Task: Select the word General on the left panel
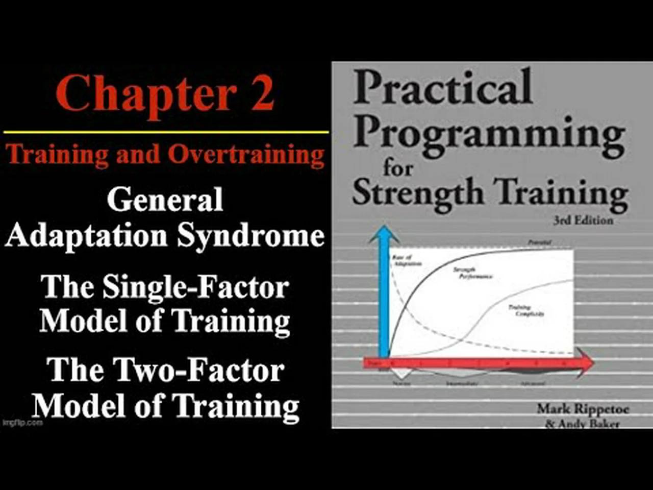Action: tap(165, 199)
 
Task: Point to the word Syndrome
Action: tap(250, 236)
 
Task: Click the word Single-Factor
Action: tap(195, 287)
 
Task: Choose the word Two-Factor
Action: tap(198, 370)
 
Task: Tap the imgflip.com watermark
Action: tap(22, 423)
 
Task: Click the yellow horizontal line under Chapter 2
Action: tap(166, 132)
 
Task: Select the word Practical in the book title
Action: tap(443, 88)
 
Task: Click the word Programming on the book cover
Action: tap(489, 134)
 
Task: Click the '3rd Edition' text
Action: tap(583, 220)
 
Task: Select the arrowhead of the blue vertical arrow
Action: tap(383, 235)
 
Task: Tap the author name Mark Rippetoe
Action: tap(583, 409)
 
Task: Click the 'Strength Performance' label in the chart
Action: tap(472, 273)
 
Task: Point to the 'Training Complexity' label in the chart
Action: tap(525, 311)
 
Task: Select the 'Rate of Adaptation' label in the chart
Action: tap(407, 260)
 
